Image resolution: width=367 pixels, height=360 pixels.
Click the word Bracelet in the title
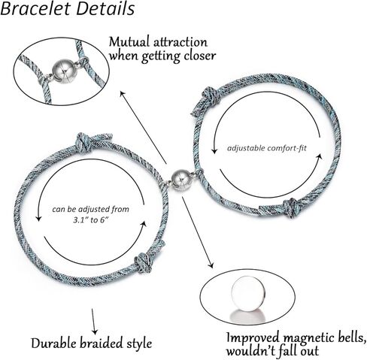pyautogui.click(x=35, y=9)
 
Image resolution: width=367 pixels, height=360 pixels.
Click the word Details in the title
pyautogui.click(x=105, y=9)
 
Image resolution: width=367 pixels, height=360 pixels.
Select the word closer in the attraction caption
pyautogui.click(x=199, y=56)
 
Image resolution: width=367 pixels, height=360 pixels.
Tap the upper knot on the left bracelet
pyautogui.click(x=84, y=142)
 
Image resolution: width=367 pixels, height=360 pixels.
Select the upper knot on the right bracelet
pyautogui.click(x=210, y=96)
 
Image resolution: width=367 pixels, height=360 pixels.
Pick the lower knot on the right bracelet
pyautogui.click(x=293, y=207)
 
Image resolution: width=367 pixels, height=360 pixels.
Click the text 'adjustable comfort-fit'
pyautogui.click(x=267, y=148)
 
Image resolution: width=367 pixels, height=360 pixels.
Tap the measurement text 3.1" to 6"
pyautogui.click(x=90, y=220)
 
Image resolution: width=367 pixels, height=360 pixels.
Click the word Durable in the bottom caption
pyautogui.click(x=54, y=343)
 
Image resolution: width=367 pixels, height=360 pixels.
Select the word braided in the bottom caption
pyautogui.click(x=102, y=343)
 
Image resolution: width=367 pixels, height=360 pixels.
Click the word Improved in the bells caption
pyautogui.click(x=253, y=338)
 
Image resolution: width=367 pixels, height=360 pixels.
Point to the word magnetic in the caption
pyautogui.click(x=307, y=338)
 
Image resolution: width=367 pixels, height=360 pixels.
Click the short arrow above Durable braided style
pyautogui.click(x=93, y=322)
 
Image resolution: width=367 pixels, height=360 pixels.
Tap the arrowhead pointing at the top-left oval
pyautogui.click(x=122, y=93)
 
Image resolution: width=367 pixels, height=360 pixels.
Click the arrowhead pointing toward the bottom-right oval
pyautogui.click(x=211, y=265)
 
